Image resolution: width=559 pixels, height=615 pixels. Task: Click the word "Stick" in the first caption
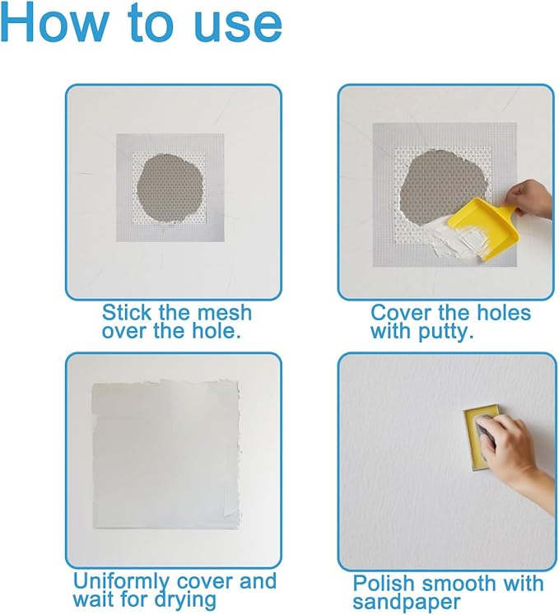point(127,314)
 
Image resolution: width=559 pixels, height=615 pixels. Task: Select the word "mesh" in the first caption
point(224,314)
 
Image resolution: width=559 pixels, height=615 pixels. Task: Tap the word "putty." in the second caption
point(457,333)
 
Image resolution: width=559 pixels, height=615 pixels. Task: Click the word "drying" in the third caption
point(184,600)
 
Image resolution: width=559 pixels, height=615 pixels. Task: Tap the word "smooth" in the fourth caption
point(463,584)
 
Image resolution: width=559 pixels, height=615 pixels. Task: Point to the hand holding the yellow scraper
point(532,198)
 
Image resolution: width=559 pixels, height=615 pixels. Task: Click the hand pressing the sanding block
point(510,449)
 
